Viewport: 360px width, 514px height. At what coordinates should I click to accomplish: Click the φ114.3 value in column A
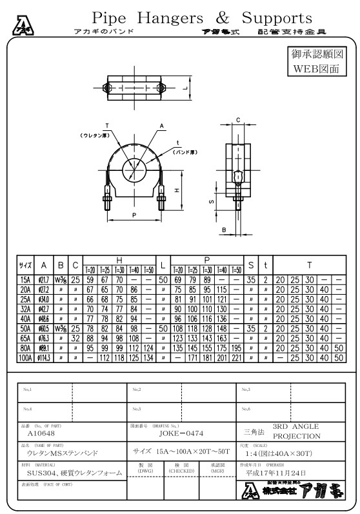coord(43,356)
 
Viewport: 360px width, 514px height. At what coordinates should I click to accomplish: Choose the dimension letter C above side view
coord(237,120)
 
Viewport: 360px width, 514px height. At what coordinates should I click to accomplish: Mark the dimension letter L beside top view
coord(185,86)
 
